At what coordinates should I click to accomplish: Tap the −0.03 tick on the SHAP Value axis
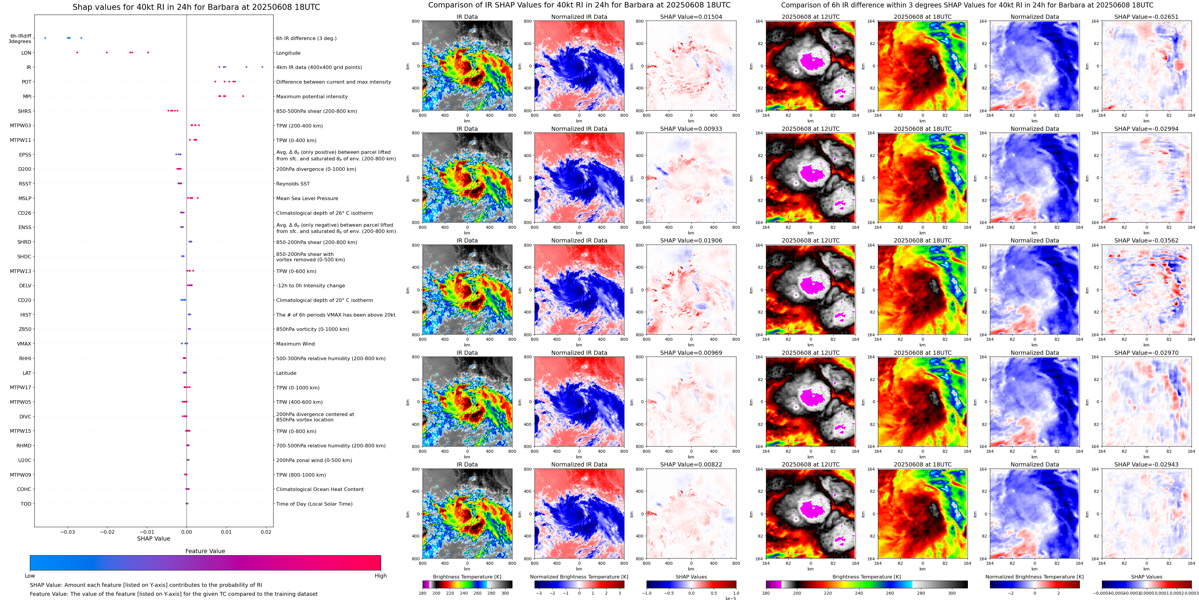point(67,532)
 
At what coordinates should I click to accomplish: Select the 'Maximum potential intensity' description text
point(312,96)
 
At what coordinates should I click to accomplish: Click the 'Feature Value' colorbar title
point(205,551)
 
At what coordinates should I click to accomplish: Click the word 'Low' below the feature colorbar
point(30,576)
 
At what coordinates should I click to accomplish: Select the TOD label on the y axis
point(26,504)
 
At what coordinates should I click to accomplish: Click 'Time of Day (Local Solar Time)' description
point(314,504)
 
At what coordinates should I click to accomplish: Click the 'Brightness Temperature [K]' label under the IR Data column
point(467,577)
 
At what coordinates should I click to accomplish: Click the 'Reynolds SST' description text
point(293,184)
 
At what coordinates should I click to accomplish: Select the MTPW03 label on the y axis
point(21,126)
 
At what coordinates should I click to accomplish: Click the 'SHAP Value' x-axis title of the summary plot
point(153,538)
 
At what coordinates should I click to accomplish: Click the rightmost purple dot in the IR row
point(262,67)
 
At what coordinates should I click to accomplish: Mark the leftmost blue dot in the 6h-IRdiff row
point(45,38)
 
